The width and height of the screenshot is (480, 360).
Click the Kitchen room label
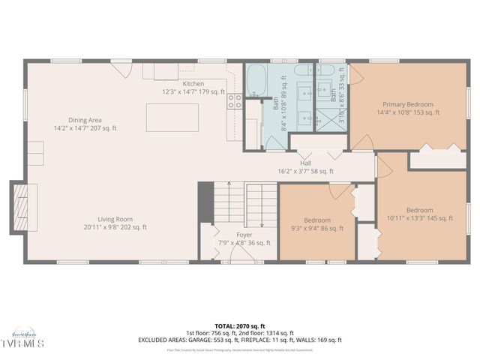pyautogui.click(x=193, y=83)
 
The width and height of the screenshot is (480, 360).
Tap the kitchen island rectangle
pyautogui.click(x=172, y=118)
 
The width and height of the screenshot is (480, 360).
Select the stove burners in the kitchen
pyautogui.click(x=235, y=101)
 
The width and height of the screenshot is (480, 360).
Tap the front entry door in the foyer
pyautogui.click(x=242, y=251)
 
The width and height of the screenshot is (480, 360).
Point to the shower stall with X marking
pyautogui.click(x=328, y=120)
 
